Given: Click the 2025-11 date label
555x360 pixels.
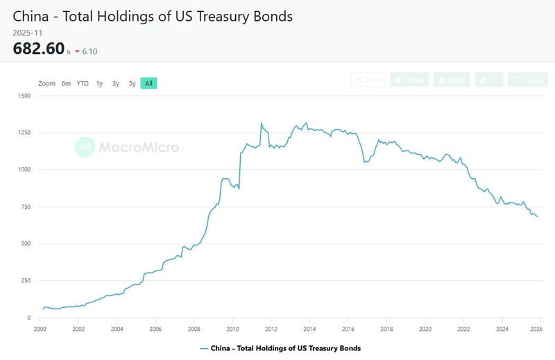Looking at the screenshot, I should [27, 32].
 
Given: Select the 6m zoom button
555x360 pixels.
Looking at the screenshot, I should [66, 83].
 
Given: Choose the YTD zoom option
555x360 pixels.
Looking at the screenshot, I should [83, 83].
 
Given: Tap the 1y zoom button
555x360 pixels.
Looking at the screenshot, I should [99, 83].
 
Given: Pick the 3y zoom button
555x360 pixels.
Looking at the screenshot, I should [116, 83].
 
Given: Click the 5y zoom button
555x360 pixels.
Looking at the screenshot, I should [132, 83].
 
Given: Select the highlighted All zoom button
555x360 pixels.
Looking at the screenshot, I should [149, 83].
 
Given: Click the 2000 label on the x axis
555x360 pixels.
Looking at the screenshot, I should [40, 329].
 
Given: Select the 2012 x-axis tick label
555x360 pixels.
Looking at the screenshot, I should [271, 329].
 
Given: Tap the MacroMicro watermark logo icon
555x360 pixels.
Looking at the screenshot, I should [85, 147].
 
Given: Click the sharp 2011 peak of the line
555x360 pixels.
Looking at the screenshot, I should [262, 123].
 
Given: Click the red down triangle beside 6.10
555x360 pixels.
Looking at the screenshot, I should [76, 51].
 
